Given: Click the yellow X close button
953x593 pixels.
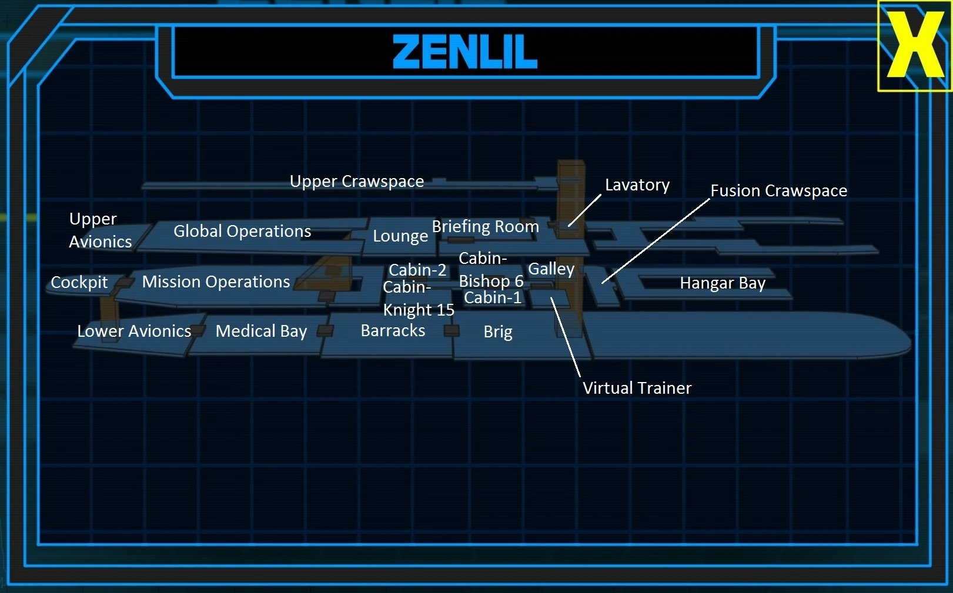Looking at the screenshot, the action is [x=915, y=45].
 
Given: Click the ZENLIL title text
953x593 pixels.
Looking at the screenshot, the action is [x=465, y=52].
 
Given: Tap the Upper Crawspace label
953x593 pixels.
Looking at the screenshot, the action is [x=357, y=182].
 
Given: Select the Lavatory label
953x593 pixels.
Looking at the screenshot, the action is [x=637, y=185].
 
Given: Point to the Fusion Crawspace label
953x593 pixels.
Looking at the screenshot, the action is [x=779, y=191].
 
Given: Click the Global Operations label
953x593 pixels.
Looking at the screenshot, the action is [x=242, y=232].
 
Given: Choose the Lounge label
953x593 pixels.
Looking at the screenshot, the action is [x=400, y=236].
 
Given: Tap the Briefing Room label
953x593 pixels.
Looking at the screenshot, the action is [x=486, y=226].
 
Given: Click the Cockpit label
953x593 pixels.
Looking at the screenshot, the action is [x=79, y=283].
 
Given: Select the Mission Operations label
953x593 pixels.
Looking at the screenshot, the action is [x=216, y=282].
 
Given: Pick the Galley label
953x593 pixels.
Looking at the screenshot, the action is [x=551, y=269].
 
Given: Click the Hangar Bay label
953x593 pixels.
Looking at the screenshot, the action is [x=723, y=283].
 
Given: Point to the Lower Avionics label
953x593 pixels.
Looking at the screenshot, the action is [x=135, y=331].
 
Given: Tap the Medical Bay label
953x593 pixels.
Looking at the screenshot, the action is [x=261, y=331].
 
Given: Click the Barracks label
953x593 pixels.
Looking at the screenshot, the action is [x=393, y=331].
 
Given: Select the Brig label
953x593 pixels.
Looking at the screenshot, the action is [x=498, y=332].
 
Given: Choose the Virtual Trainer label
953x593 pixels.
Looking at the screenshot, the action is [x=637, y=388].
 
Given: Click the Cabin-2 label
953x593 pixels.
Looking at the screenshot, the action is [x=417, y=270].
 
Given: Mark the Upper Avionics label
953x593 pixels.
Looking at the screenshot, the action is [x=101, y=230].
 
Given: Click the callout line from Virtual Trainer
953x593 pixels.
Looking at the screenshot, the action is [x=566, y=337].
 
